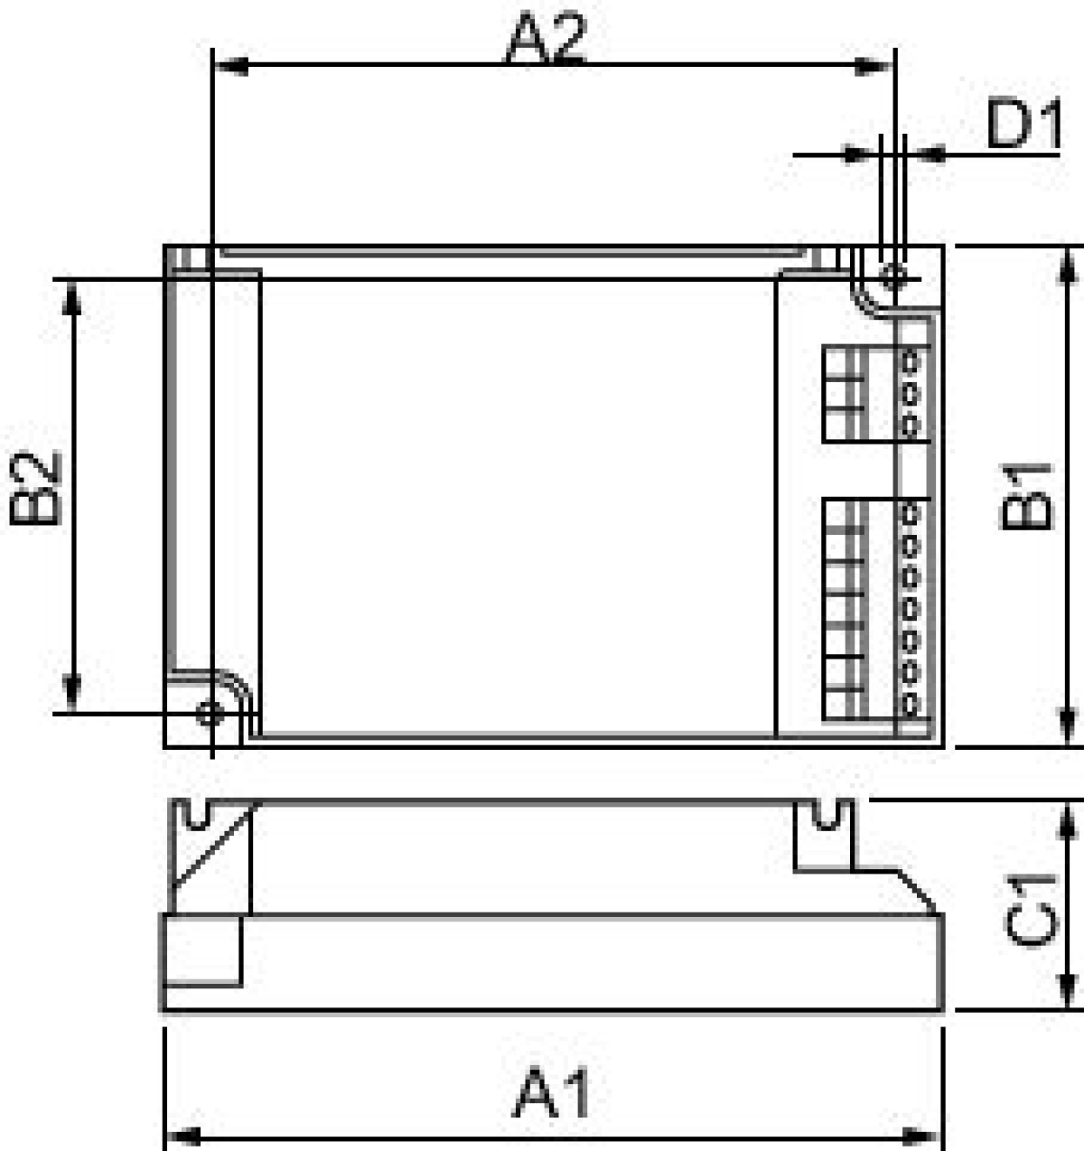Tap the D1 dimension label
point(1023,126)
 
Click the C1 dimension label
point(1031,909)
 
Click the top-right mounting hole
point(893,275)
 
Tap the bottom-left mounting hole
point(210,713)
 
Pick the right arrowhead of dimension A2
point(874,65)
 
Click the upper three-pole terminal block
point(846,393)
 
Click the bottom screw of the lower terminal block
point(910,703)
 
